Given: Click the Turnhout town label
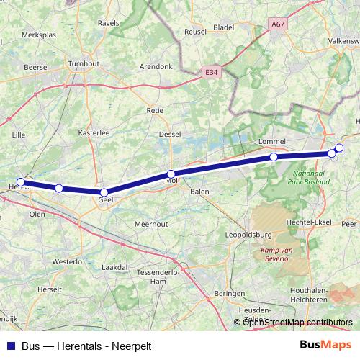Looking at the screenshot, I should point(84,63).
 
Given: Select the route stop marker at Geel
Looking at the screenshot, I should point(104,192).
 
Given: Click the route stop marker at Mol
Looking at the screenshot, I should point(171,174).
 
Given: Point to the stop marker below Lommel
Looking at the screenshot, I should point(274,157).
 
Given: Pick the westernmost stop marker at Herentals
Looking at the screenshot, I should point(22,182).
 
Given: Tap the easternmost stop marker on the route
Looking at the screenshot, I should point(339,148).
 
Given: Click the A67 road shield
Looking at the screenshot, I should point(279,24).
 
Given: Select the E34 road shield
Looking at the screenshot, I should point(210,72).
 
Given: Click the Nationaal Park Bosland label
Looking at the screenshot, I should point(312,177).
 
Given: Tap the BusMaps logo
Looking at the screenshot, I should point(326,345).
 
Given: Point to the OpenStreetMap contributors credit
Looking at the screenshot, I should point(297,322).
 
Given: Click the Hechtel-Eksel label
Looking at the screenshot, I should point(308,222).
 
